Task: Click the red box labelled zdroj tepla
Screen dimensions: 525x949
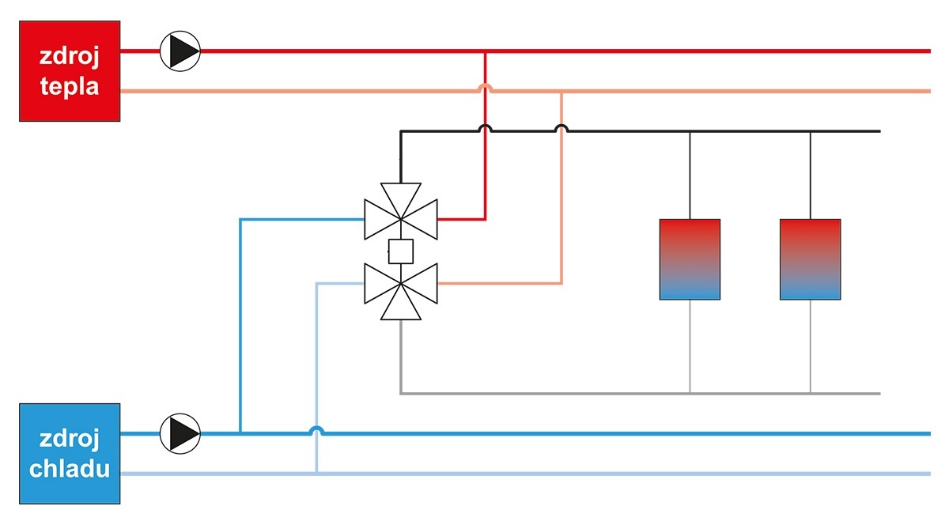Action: [70, 71]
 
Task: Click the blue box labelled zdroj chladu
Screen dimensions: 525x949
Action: [70, 453]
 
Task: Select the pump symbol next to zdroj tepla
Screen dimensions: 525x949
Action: [181, 51]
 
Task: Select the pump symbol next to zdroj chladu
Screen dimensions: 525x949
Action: [181, 433]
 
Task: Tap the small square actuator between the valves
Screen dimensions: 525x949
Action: [401, 251]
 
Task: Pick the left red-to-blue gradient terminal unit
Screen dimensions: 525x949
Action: [690, 259]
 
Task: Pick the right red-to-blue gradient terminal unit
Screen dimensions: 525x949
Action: [810, 259]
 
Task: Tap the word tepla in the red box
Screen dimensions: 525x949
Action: [70, 85]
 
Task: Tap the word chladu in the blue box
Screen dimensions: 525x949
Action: [70, 468]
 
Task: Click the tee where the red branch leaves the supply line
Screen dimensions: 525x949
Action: [486, 51]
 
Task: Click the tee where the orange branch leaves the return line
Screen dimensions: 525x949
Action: [561, 92]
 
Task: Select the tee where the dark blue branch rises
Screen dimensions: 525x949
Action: [240, 433]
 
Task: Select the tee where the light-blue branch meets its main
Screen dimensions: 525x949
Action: [316, 474]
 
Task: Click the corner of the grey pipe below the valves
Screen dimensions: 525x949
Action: [401, 393]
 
